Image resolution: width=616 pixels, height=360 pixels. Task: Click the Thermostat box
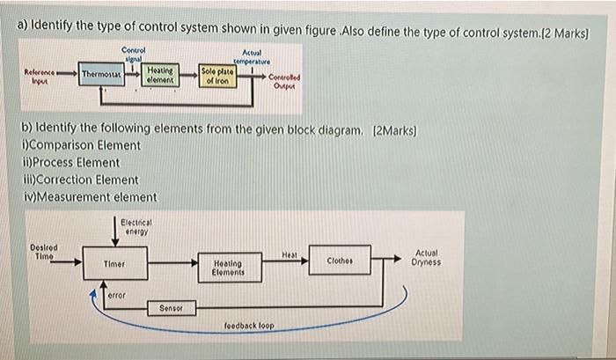[x=100, y=75]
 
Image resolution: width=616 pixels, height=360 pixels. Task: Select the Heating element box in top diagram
[x=159, y=74]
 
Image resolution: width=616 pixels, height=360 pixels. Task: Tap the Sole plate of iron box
[x=217, y=75]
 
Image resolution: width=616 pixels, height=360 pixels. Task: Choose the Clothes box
[x=340, y=261]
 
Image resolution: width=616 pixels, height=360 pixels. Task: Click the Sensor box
[x=172, y=308]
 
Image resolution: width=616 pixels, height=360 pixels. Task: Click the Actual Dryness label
[x=426, y=257]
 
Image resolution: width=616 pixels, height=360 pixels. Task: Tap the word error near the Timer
[x=117, y=296]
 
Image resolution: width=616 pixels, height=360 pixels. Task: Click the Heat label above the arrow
[x=288, y=253]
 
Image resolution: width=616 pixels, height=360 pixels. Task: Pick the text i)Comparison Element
[x=81, y=145]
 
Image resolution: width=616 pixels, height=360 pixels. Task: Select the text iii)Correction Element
[x=80, y=180]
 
